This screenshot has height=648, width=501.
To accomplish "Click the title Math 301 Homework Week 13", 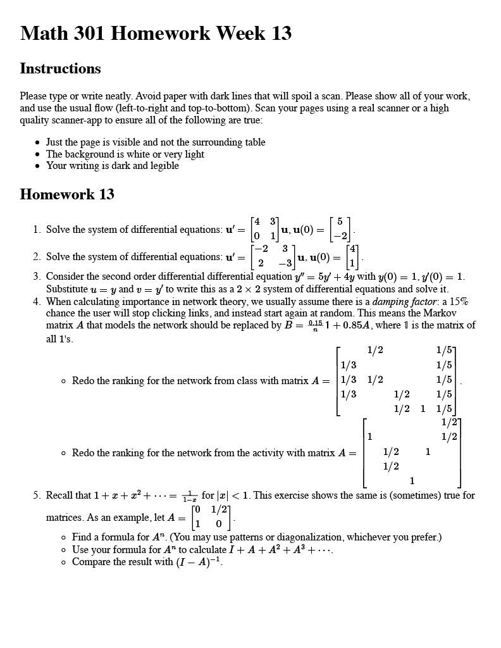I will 156,33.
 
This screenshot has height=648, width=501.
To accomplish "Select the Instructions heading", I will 60,68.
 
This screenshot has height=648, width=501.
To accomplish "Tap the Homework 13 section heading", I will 67,194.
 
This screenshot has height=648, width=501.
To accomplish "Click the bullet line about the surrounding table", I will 156,142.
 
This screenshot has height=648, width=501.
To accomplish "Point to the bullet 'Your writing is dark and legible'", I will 113,166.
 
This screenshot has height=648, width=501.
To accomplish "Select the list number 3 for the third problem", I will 37,277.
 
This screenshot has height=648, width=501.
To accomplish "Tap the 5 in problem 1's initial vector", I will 340,221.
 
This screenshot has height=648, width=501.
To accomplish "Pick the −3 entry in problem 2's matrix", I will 285,263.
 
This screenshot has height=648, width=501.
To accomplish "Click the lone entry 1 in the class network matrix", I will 423,409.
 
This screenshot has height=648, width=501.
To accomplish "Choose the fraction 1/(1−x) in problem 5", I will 189,495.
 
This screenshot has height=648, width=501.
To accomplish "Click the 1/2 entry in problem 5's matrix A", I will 220,510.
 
